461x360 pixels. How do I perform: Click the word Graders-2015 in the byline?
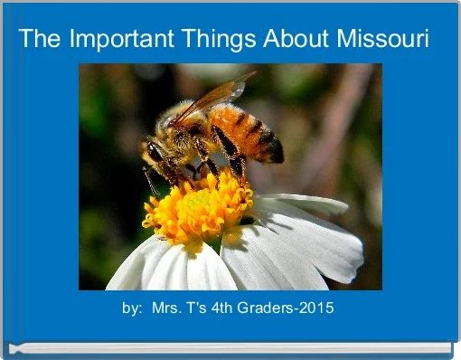tap(291, 308)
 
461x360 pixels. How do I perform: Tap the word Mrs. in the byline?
tap(165, 308)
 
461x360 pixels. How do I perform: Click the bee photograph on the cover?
tap(230, 176)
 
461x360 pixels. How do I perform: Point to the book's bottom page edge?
tap(230, 347)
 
